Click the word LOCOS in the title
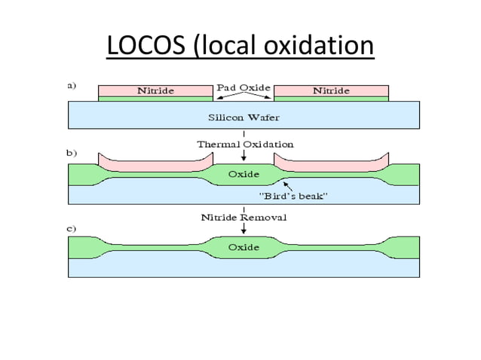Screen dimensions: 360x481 [147, 47]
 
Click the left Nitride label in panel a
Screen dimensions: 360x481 [155, 91]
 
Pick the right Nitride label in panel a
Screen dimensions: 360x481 [331, 91]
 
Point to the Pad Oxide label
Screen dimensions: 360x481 [244, 87]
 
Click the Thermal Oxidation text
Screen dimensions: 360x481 [245, 143]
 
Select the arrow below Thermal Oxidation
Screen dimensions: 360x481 [244, 156]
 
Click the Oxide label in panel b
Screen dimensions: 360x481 [244, 174]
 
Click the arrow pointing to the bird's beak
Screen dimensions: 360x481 [287, 185]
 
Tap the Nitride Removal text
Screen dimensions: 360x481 [244, 217]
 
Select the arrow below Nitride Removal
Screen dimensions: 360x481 [244, 229]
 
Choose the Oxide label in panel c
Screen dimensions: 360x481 [244, 247]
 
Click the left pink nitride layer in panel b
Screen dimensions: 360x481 [155, 163]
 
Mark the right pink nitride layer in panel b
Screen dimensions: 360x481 [331, 163]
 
